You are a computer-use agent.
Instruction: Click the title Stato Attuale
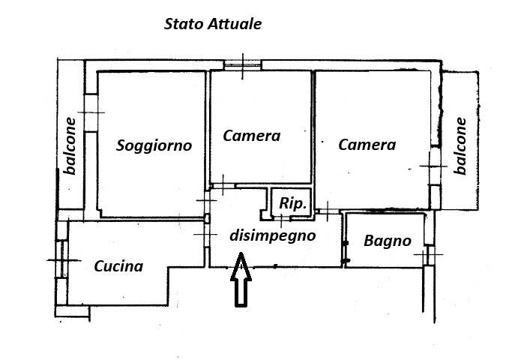(x=213, y=24)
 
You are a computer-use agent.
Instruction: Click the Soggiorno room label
(x=154, y=145)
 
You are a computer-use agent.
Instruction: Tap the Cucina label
(x=118, y=265)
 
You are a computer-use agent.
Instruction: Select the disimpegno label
(x=272, y=235)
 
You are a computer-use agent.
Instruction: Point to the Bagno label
(x=388, y=241)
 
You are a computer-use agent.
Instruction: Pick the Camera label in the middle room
(x=252, y=136)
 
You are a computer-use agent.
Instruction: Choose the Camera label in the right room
(x=367, y=145)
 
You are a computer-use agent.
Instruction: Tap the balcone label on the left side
(x=70, y=146)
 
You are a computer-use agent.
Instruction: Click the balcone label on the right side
(x=460, y=146)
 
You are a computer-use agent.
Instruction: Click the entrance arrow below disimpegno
(x=241, y=280)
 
